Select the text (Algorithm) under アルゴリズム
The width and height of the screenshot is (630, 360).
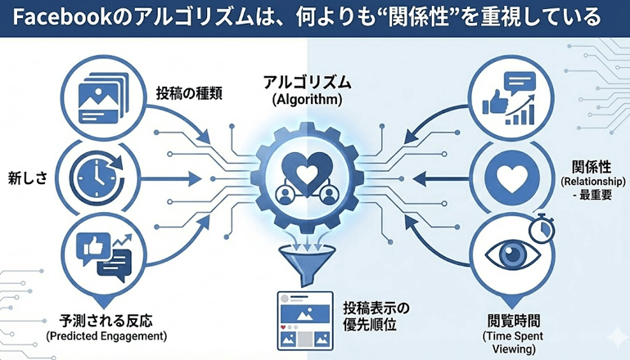(x=307, y=99)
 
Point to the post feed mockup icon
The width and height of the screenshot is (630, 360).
(x=305, y=317)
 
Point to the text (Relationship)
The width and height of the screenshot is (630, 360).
(x=594, y=180)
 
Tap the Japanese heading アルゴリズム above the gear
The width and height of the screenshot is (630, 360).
(x=307, y=82)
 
